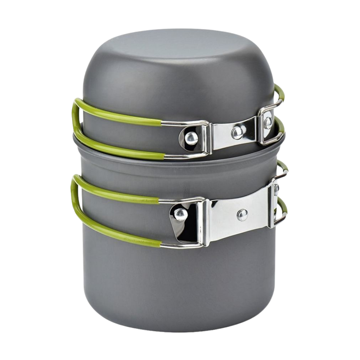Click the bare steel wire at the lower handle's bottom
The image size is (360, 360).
click(x=180, y=245)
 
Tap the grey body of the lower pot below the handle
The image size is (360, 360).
click(x=180, y=288)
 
